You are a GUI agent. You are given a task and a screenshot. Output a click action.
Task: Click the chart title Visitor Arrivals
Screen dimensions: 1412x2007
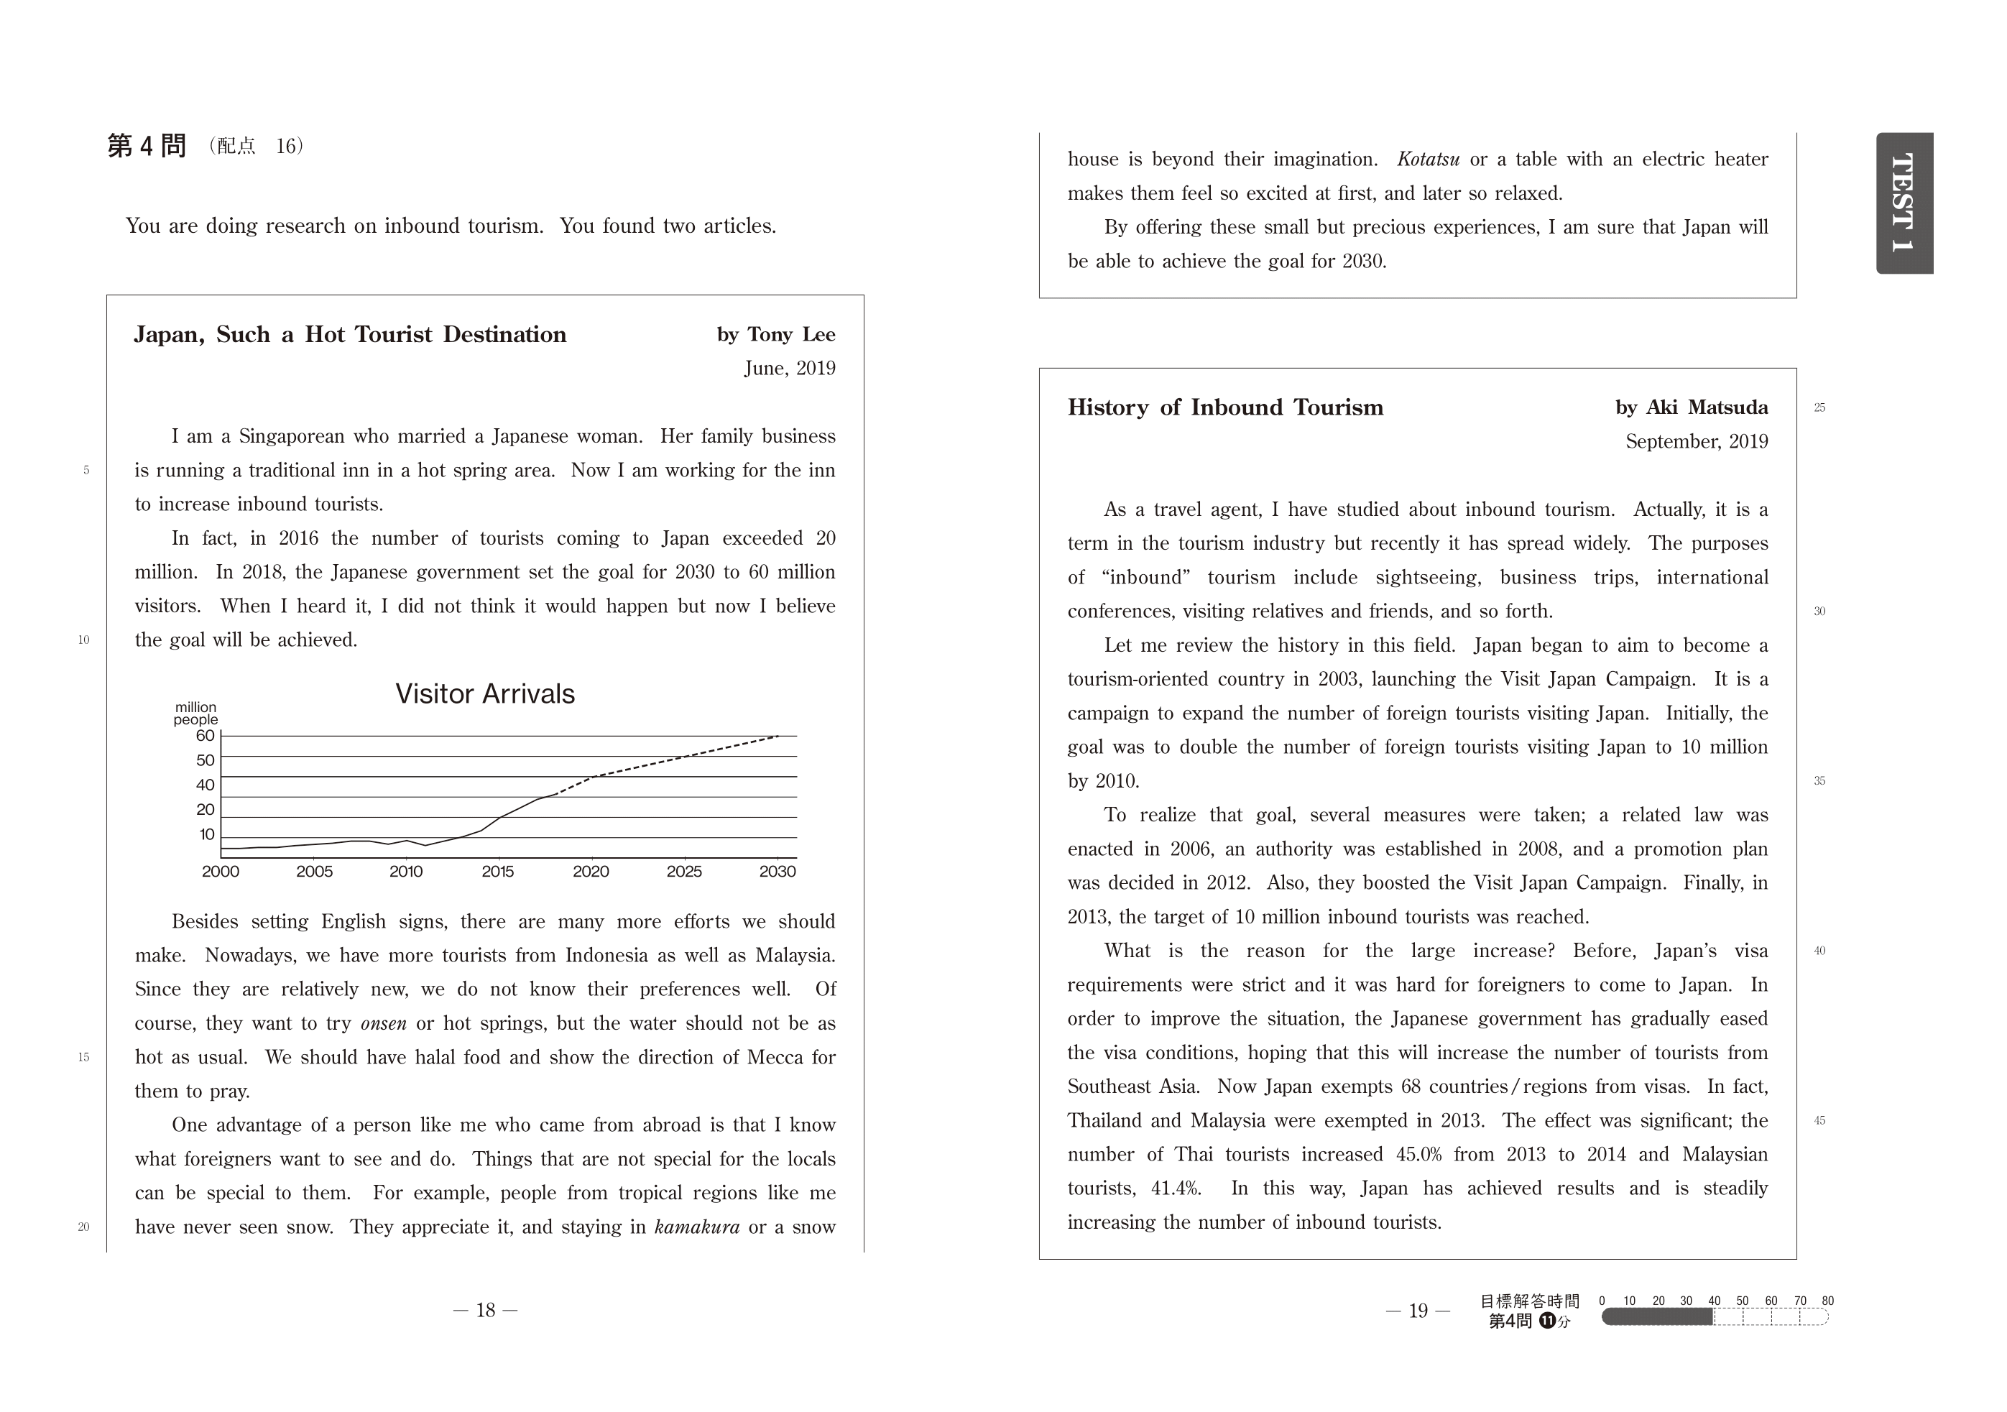point(485,694)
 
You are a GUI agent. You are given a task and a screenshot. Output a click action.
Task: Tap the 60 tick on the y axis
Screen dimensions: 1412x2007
point(206,736)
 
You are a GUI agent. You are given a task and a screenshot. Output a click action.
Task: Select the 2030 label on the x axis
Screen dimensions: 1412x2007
point(777,872)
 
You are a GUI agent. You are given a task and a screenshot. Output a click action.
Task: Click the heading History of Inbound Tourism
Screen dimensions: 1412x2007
point(1224,407)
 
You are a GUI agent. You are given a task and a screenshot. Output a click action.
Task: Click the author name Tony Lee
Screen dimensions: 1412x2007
point(790,335)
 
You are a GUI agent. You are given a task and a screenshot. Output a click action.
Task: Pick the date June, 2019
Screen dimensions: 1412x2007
point(789,368)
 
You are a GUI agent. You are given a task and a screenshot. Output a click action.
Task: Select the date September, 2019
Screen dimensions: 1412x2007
point(1696,441)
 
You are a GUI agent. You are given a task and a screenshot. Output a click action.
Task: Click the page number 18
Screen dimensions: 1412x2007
point(485,1310)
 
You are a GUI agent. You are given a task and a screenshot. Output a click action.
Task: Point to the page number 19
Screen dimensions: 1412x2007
point(1418,1311)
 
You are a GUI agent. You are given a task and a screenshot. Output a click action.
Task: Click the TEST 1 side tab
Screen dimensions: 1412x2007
point(1904,203)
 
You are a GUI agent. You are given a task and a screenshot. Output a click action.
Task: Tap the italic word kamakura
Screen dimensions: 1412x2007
point(697,1227)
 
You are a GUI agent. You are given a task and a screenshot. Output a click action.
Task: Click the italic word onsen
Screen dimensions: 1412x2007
point(383,1024)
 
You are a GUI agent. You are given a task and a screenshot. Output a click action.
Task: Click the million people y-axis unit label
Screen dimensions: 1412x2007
point(195,714)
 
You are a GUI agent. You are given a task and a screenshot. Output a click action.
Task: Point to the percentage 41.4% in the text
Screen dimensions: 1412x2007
point(1176,1189)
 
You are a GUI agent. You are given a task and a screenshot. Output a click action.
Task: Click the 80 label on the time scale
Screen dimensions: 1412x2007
point(1827,1301)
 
